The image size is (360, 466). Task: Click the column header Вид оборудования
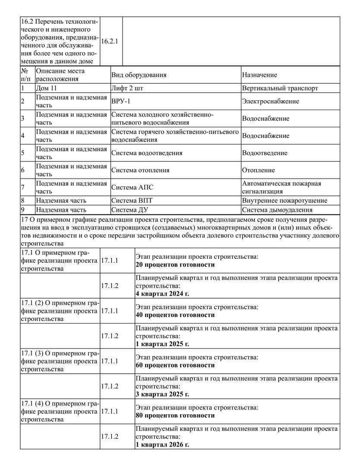[139, 75]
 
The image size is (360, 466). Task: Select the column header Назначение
[260, 75]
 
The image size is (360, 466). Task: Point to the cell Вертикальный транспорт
[280, 88]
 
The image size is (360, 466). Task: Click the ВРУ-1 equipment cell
[122, 101]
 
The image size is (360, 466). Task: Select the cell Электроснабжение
[270, 101]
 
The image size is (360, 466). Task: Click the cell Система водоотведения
[147, 153]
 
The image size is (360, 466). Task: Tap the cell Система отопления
[140, 170]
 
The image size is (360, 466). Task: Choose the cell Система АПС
[132, 187]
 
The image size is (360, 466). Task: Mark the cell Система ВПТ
[131, 200]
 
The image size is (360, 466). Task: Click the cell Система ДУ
[130, 210]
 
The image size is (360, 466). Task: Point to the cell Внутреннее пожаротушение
[285, 200]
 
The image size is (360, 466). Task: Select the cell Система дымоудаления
[277, 210]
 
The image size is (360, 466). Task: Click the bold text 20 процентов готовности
[175, 264]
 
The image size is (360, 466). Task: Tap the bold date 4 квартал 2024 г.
[162, 294]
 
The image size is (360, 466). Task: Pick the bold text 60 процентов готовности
[175, 365]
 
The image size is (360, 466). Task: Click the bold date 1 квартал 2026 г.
[162, 444]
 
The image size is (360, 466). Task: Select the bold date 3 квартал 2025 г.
[162, 394]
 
